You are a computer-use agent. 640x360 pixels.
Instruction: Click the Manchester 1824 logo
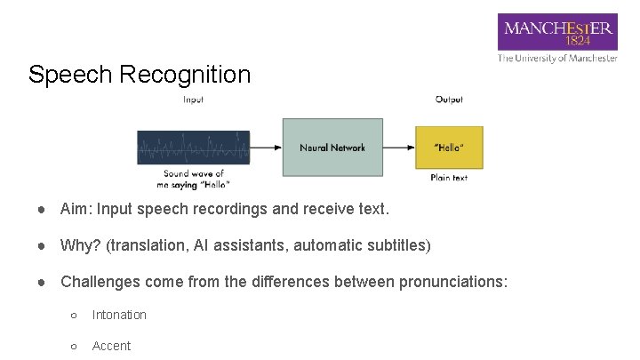click(557, 32)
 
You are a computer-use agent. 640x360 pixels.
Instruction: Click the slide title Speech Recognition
click(140, 75)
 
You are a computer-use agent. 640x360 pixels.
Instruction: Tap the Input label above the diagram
click(193, 100)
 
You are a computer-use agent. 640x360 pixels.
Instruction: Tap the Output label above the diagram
click(449, 100)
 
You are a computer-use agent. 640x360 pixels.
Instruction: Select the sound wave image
click(193, 147)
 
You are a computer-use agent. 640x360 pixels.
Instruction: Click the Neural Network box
click(333, 147)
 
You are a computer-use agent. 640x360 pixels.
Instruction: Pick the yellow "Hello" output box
click(449, 147)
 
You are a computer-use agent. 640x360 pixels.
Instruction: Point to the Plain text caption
click(449, 178)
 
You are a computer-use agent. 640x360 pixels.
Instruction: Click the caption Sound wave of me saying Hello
click(193, 179)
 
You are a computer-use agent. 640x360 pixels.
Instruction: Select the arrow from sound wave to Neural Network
click(266, 147)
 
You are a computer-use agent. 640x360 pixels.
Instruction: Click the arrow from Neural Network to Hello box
click(399, 147)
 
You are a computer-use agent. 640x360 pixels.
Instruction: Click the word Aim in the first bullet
click(74, 210)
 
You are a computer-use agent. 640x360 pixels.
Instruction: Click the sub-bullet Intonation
click(119, 315)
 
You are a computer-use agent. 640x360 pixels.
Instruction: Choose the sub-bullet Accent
click(111, 346)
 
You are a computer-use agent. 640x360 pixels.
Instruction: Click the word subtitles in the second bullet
click(397, 245)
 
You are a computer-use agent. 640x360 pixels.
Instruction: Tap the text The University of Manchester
click(557, 59)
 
